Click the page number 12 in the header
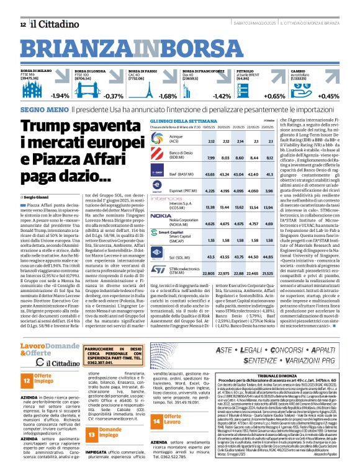pyautogui.click(x=23, y=24)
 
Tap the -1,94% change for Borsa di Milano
pyautogui.click(x=60, y=96)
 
